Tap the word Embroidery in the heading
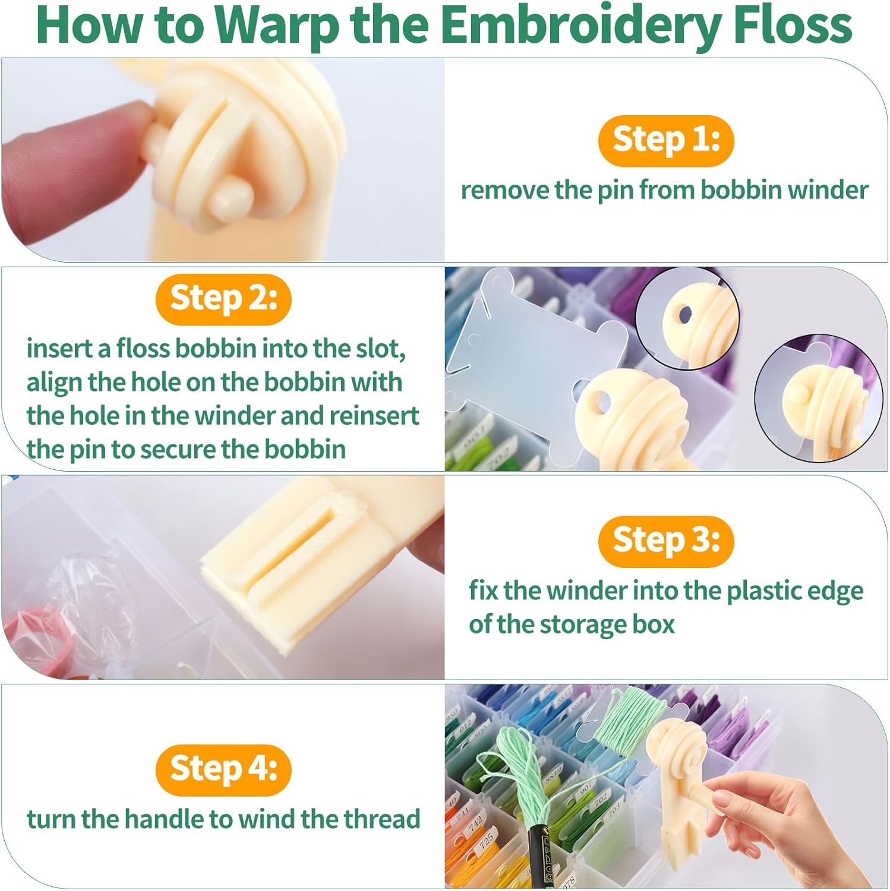click(x=580, y=26)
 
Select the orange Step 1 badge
click(x=666, y=141)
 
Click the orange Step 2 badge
click(x=223, y=299)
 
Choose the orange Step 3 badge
click(x=666, y=541)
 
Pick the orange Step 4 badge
click(x=223, y=770)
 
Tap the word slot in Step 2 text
click(x=380, y=349)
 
